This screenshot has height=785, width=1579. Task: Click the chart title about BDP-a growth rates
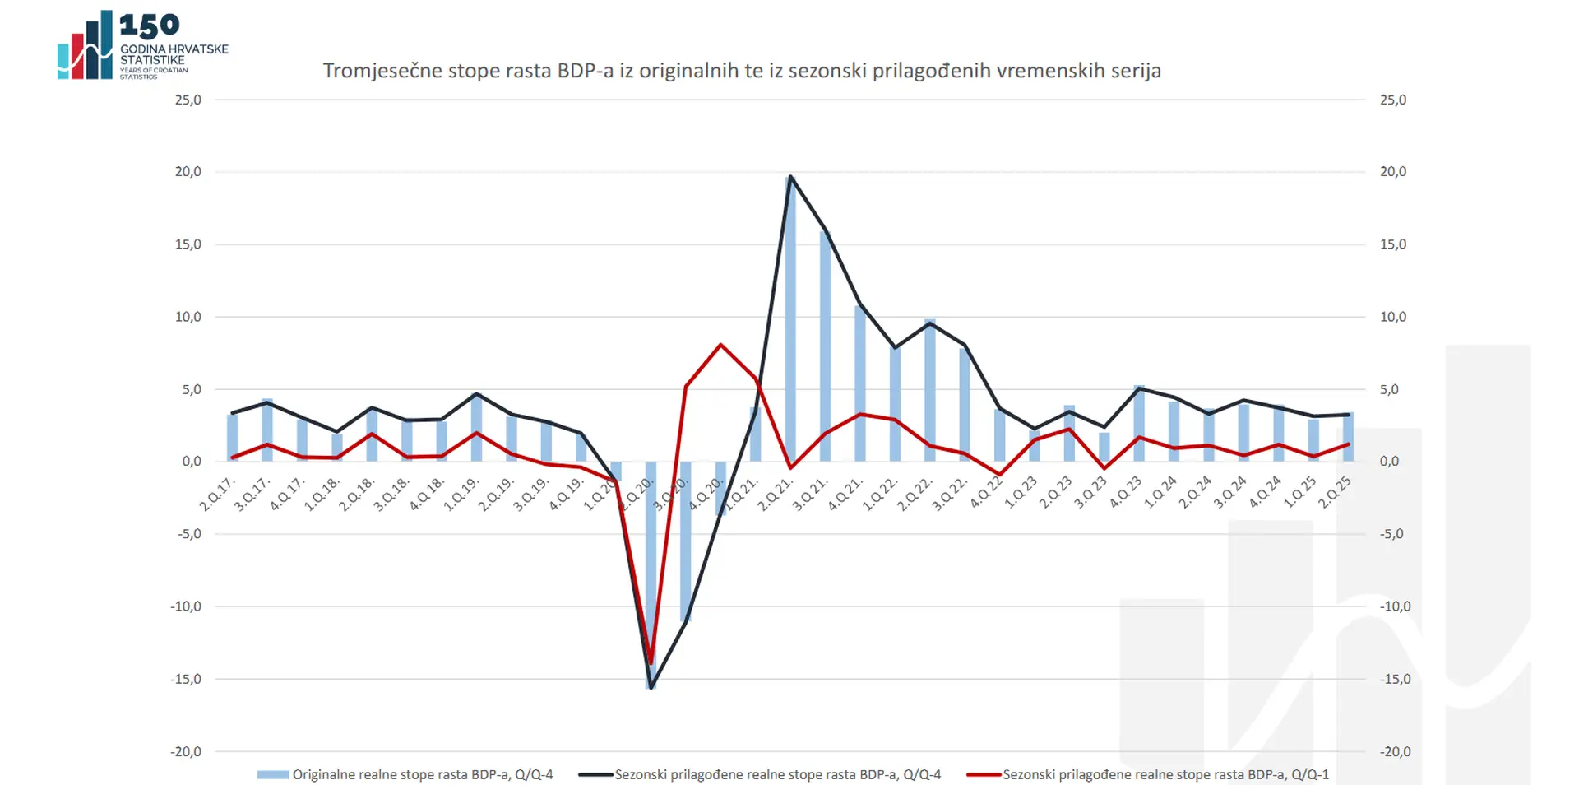coord(742,71)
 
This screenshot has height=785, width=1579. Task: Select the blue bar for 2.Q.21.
coord(790,329)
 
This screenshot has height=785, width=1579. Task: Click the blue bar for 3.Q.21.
coord(826,346)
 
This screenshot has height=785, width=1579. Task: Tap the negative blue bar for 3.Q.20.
coord(686,543)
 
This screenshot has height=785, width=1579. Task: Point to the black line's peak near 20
coord(790,177)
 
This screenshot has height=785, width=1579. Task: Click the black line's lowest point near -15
coord(651,686)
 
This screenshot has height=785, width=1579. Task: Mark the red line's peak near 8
coord(721,345)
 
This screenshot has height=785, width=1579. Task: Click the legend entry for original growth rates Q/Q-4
coord(422,774)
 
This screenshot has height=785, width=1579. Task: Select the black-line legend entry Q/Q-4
coord(777,774)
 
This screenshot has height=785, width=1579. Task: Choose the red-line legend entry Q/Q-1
coord(1165,774)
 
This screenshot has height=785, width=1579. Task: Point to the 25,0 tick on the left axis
coord(188,100)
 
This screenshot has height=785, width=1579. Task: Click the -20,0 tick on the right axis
coord(1395,751)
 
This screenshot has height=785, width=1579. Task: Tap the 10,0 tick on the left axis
coord(188,317)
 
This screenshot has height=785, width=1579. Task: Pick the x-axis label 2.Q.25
coord(1335,493)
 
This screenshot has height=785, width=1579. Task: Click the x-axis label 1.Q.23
coord(1021,493)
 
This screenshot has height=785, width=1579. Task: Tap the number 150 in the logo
coord(149,26)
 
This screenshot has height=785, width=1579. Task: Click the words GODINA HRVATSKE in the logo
coord(174,49)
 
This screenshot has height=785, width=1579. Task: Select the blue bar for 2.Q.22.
coord(930,391)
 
